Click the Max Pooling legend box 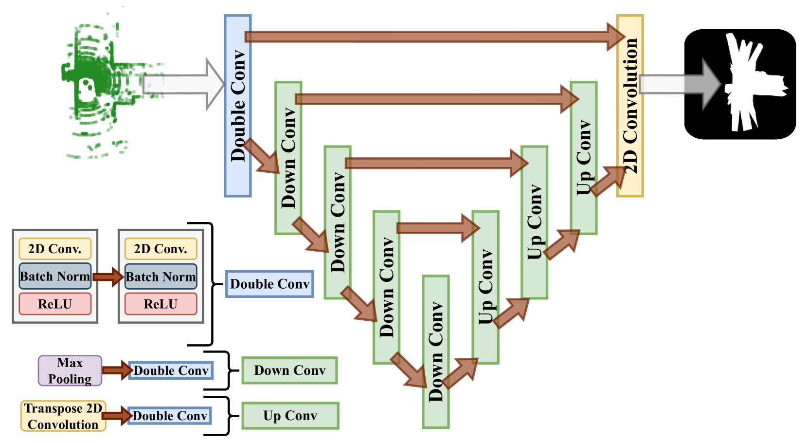(70, 371)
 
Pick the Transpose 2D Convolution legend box (63, 416)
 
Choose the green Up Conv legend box (290, 416)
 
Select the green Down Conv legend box (289, 370)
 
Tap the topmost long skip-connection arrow (428, 37)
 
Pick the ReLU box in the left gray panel (55, 304)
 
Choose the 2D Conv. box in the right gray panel (161, 249)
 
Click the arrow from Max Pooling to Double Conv (116, 370)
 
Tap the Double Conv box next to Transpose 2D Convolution (170, 416)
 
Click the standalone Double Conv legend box (269, 284)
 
